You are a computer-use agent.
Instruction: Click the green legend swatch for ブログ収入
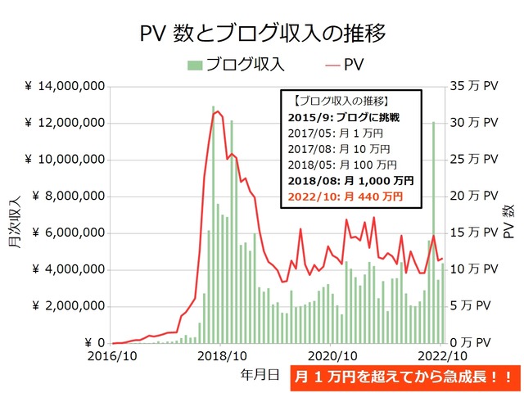194,65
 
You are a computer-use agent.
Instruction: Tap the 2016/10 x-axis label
113,357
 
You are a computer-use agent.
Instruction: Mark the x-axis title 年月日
260,374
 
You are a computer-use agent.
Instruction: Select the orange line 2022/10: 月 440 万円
346,196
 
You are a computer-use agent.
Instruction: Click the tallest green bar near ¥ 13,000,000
214,225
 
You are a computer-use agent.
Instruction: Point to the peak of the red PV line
217,111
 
